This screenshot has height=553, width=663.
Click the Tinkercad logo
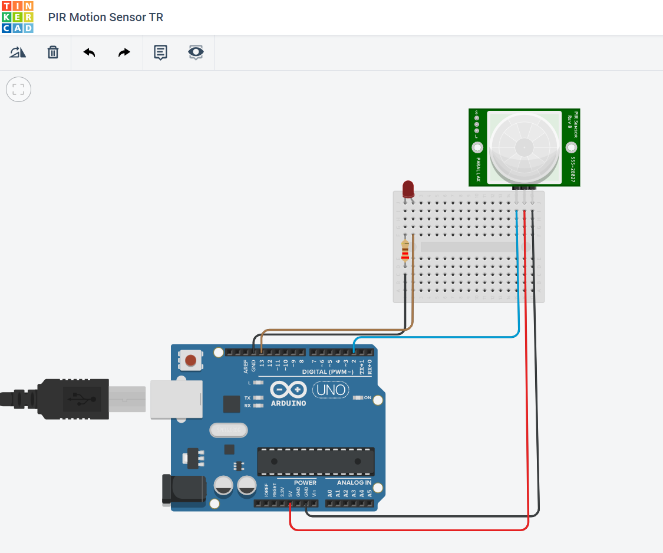pyautogui.click(x=18, y=17)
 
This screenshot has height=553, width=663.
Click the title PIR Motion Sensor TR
pyautogui.click(x=105, y=17)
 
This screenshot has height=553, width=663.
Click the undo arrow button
pyautogui.click(x=89, y=52)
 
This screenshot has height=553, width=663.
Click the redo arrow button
pyautogui.click(x=124, y=52)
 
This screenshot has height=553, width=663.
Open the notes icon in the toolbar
pyautogui.click(x=160, y=52)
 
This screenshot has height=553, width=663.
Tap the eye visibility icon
pyautogui.click(x=196, y=52)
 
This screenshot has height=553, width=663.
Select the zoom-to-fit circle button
pyautogui.click(x=18, y=90)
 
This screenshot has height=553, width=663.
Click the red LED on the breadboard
pyautogui.click(x=408, y=189)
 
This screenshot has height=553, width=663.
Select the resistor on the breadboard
pyautogui.click(x=405, y=251)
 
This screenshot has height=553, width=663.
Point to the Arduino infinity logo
pyautogui.click(x=288, y=390)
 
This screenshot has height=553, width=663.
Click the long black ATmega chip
pyautogui.click(x=316, y=462)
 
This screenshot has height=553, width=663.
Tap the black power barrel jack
pyautogui.click(x=183, y=490)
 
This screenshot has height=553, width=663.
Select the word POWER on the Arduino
pyautogui.click(x=305, y=483)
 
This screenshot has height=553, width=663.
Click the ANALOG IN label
pyautogui.click(x=354, y=483)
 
